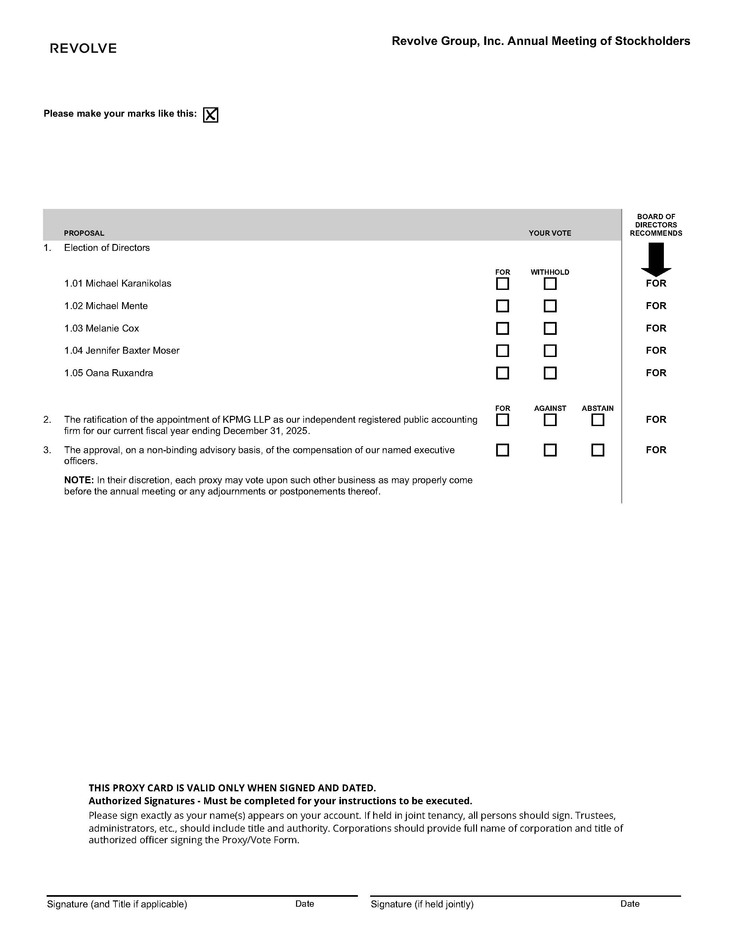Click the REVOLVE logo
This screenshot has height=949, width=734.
tap(83, 48)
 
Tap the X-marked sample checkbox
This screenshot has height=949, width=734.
tap(210, 115)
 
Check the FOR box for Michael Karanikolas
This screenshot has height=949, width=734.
tap(502, 284)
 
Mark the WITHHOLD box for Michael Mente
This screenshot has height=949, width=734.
tap(550, 306)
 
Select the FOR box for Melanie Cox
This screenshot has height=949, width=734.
tap(502, 329)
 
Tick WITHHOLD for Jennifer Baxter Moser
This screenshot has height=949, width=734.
tap(550, 351)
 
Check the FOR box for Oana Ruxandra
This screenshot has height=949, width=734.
tap(502, 373)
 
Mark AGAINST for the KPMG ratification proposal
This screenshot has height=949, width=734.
tap(550, 420)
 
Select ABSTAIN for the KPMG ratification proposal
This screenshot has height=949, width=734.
tap(598, 420)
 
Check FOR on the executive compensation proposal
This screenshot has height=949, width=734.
tap(502, 450)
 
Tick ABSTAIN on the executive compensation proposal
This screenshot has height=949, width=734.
tap(598, 450)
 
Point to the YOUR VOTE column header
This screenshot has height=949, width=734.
tap(550, 233)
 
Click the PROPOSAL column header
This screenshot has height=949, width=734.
tap(84, 233)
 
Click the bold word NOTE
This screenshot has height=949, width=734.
tap(79, 480)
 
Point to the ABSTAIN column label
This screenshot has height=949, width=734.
tap(597, 409)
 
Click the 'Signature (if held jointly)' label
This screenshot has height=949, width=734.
tap(422, 904)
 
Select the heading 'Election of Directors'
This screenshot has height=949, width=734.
tap(107, 248)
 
